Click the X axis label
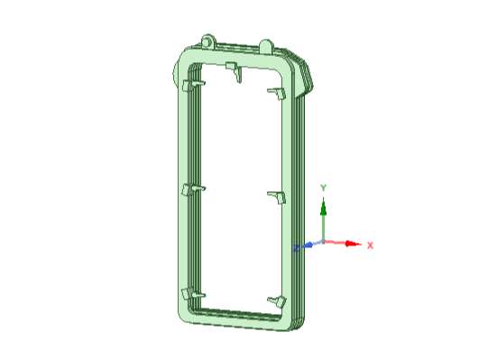point(370,245)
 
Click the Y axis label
point(323,188)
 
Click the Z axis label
point(296,248)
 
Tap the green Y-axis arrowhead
point(324,207)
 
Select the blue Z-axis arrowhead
point(308,245)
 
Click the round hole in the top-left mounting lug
point(207,42)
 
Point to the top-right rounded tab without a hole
point(266,46)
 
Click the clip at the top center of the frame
point(235,71)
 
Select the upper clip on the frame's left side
point(193,85)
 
